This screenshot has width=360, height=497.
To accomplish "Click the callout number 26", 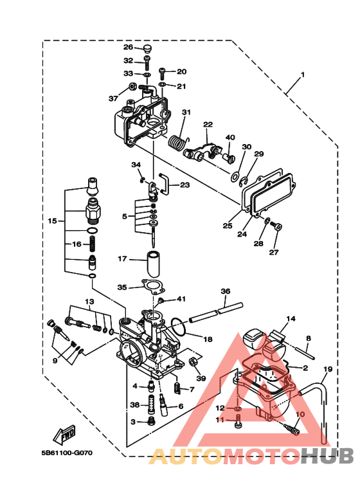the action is tap(128, 47).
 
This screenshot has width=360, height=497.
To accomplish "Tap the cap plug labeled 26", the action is tap(147, 48).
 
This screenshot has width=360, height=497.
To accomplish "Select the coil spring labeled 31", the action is tap(177, 142).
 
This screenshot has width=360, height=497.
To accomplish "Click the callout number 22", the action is tap(208, 125).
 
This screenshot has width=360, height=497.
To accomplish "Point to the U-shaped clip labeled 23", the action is tap(165, 183).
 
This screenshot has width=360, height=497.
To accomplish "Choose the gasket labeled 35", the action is tap(153, 287).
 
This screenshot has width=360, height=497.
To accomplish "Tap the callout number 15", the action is tap(52, 221).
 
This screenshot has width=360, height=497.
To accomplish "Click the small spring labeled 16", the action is tap(92, 244).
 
